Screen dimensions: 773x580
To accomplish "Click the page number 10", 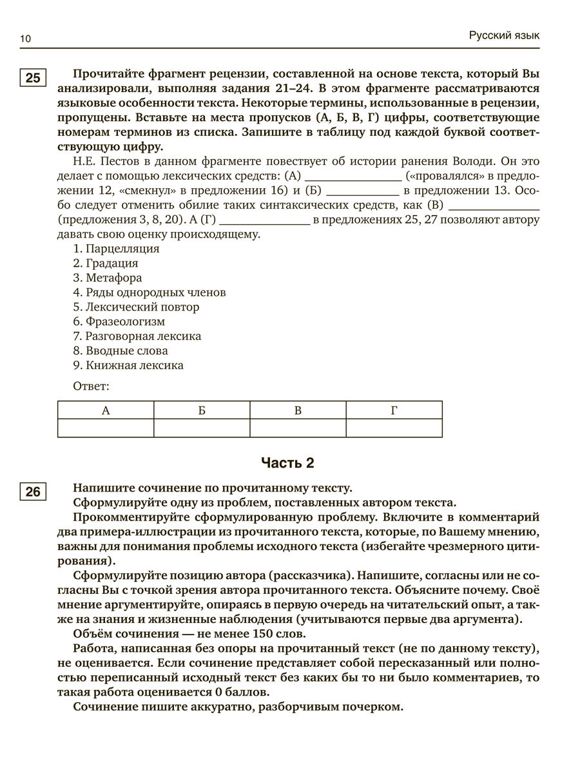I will pyautogui.click(x=25, y=39).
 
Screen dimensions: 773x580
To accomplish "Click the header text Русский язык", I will pyautogui.click(x=504, y=35).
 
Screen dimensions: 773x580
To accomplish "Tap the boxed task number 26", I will pyautogui.click(x=33, y=493).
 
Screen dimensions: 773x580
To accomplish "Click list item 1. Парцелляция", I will pyautogui.click(x=116, y=249).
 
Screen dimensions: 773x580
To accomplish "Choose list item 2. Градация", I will pyautogui.click(x=106, y=263).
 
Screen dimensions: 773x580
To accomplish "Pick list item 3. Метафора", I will pyautogui.click(x=108, y=278).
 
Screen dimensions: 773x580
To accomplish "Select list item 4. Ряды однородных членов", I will pyautogui.click(x=150, y=292).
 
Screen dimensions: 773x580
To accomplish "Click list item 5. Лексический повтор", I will pyautogui.click(x=136, y=307).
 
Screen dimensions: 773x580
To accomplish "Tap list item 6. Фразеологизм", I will pyautogui.click(x=119, y=321).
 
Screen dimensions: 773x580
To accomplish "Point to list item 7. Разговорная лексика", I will pyautogui.click(x=137, y=336).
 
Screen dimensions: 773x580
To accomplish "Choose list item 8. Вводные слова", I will pyautogui.click(x=121, y=351).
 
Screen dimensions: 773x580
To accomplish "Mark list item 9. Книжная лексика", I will pyautogui.click(x=128, y=365).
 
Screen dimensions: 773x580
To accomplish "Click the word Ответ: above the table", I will pyautogui.click(x=92, y=386).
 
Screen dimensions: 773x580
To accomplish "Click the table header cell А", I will pyautogui.click(x=106, y=410).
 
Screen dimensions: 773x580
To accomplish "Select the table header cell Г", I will pyautogui.click(x=394, y=410).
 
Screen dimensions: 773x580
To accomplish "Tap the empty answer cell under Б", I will pyautogui.click(x=202, y=428).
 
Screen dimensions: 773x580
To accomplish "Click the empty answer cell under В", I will pyautogui.click(x=298, y=428).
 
